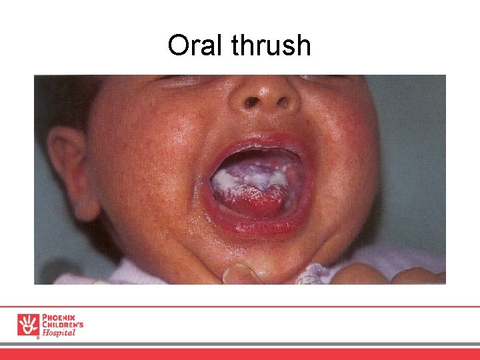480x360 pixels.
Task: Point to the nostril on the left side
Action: coord(252,103)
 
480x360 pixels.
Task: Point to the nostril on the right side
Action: coord(284,103)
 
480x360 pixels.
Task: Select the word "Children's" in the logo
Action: coord(63,325)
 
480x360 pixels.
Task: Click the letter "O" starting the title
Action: coord(178,45)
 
